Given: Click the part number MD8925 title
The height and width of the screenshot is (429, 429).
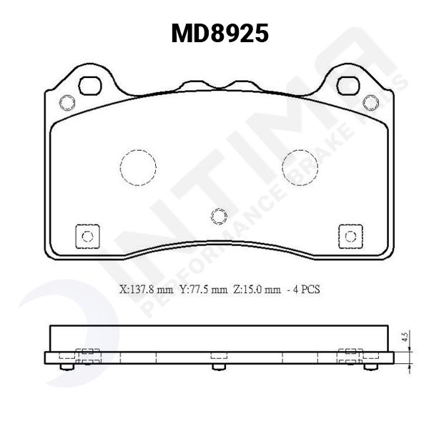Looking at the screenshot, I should (220, 33).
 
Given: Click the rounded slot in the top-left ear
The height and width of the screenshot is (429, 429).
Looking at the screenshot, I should (91, 85).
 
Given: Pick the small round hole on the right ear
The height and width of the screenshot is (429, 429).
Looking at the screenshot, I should (370, 101).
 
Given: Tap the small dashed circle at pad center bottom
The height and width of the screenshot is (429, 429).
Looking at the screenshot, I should (220, 215).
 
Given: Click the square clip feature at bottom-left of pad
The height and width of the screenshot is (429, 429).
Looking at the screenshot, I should (87, 237).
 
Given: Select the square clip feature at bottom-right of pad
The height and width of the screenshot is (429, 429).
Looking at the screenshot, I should (350, 237).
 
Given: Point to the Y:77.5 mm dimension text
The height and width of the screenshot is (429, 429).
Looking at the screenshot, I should (204, 290).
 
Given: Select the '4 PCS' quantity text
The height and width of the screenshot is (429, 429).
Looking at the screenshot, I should (305, 290).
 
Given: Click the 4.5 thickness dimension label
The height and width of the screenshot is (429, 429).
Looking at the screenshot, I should (405, 338).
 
